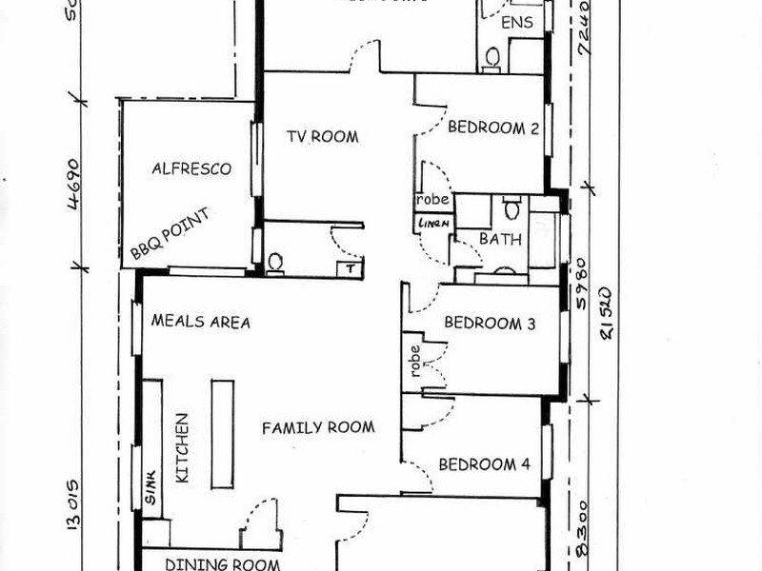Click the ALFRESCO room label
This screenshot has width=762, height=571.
pos(191,169)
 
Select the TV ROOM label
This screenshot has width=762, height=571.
pos(323,137)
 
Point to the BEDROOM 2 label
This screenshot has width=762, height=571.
pos(492,128)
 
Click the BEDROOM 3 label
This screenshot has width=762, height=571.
pos(490,323)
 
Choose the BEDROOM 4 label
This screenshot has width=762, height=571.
pos(483,464)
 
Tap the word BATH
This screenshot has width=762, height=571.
pos(500,239)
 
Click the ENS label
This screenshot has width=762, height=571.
pos(517,22)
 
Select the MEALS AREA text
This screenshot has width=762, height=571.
pos(201,322)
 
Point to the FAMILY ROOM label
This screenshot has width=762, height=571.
pos(318,428)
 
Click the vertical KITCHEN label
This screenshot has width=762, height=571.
pos(183,448)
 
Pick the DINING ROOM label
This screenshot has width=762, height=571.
pos(210,563)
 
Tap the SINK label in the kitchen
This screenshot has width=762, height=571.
pos(151,490)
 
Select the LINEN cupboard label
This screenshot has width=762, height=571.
pos(431,223)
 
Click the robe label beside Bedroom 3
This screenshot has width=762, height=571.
pos(415,361)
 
